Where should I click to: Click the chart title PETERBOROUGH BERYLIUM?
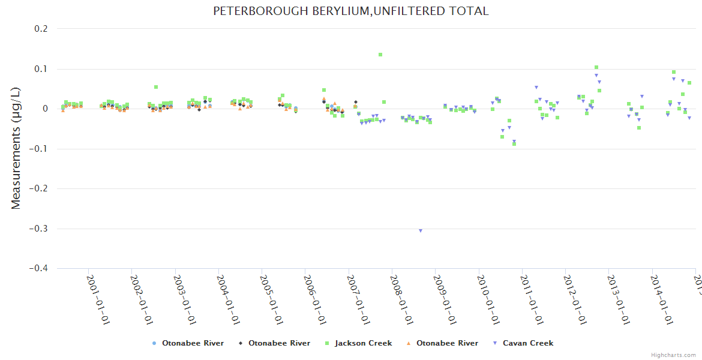[x=351, y=11]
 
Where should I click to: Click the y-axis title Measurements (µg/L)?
[x=16, y=149]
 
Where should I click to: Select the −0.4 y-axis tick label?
[x=41, y=269]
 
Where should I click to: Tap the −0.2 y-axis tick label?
[x=41, y=189]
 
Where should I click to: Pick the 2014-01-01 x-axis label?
[x=661, y=299]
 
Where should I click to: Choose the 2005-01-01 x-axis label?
[x=271, y=299]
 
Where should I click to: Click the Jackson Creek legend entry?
[x=363, y=343]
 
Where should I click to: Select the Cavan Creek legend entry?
[x=528, y=343]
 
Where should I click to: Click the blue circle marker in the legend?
[x=154, y=343]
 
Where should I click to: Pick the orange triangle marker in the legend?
[x=409, y=343]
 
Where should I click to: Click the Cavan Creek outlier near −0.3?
[x=421, y=230]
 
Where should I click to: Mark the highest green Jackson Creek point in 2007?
[x=380, y=55]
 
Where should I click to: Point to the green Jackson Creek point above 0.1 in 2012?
[x=596, y=68]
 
